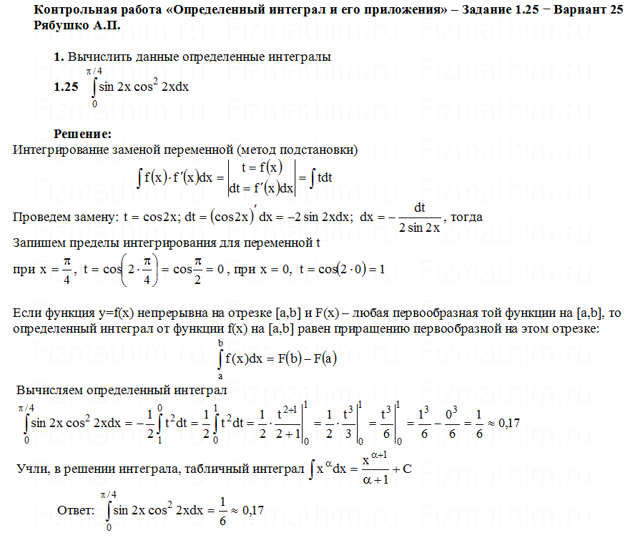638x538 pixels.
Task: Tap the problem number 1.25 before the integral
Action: pos(66,87)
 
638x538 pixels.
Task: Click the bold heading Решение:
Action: pos(82,134)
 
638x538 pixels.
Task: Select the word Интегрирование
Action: pos(59,150)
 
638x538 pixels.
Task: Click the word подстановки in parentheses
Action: pos(320,150)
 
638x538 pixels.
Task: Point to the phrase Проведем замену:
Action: pos(62,217)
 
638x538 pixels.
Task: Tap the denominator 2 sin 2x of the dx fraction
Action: pos(419,228)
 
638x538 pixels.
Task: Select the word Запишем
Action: pos(41,243)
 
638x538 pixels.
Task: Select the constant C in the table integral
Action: pos(407,470)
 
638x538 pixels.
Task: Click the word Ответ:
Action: pos(75,511)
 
